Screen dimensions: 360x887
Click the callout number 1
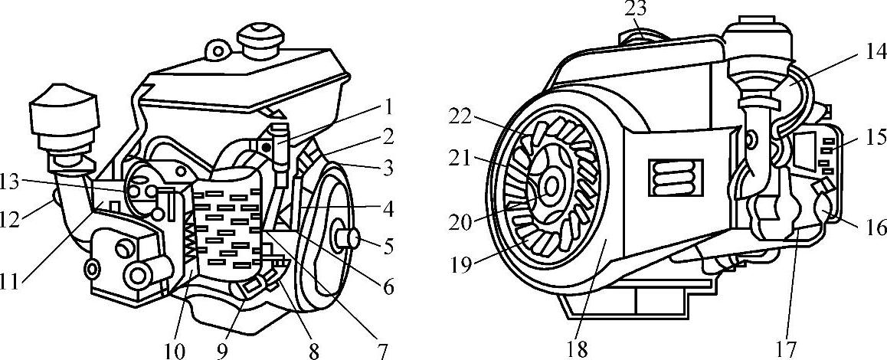point(389,105)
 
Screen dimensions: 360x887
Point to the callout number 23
point(636,9)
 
